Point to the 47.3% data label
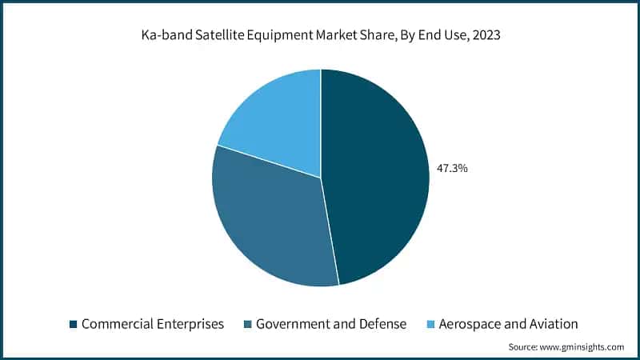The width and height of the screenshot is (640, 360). tap(452, 169)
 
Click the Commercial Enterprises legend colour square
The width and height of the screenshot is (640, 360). tap(74, 324)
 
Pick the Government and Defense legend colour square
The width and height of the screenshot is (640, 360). tap(248, 324)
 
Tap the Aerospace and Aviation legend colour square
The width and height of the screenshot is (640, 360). tap(430, 324)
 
